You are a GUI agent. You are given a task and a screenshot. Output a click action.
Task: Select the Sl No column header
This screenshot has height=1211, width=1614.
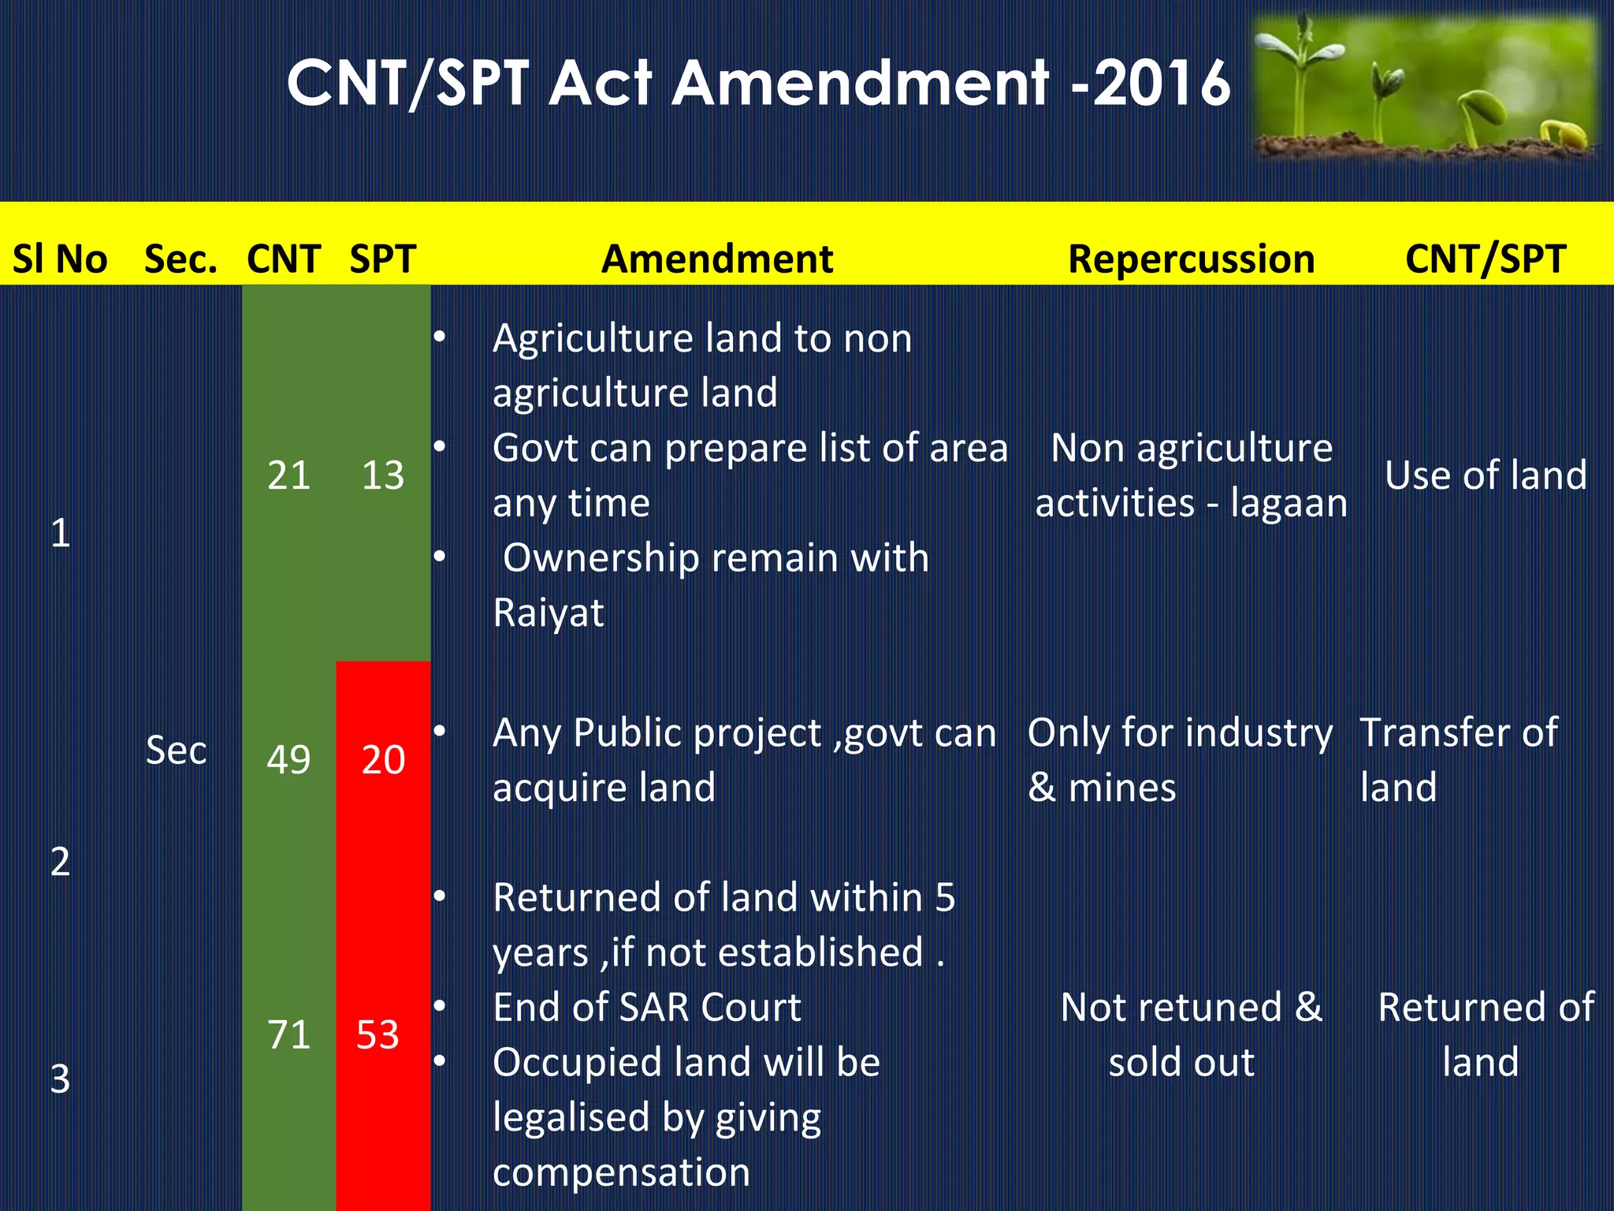pos(60,259)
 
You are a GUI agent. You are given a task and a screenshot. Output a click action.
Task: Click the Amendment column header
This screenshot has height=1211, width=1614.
pos(717,259)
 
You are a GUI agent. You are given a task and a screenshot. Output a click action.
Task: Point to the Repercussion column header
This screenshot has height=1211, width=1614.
pos(1191,259)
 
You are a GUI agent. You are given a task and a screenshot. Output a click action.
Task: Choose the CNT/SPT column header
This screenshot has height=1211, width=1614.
pos(1486,259)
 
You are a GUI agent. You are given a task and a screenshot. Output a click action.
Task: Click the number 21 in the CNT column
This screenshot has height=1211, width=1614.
pos(288,475)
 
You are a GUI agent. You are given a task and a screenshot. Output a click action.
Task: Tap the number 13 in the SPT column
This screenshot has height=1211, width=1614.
pos(383,475)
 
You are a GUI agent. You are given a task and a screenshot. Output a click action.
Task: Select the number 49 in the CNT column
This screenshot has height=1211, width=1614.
pos(288,760)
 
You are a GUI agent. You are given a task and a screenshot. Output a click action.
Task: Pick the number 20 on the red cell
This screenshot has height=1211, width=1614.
pos(383,760)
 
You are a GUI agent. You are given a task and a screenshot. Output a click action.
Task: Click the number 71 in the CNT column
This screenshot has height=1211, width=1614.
pos(288,1034)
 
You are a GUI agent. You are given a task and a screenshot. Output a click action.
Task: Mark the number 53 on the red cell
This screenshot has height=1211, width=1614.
pos(377,1034)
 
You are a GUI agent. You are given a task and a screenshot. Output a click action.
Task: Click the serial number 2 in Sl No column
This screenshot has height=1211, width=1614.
pos(60,862)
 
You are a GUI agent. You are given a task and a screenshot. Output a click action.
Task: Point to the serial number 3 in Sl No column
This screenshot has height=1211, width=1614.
pos(60,1079)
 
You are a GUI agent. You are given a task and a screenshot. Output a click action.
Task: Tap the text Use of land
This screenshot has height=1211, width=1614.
pos(1486,475)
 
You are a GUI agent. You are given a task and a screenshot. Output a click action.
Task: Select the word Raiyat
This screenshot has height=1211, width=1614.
pos(549,613)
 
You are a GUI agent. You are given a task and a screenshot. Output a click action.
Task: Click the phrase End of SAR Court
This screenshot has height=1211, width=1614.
pos(647,1008)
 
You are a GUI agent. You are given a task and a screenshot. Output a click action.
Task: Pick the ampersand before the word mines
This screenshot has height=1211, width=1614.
pos(1042,788)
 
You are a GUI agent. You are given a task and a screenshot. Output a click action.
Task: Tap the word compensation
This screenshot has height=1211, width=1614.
pos(621,1172)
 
